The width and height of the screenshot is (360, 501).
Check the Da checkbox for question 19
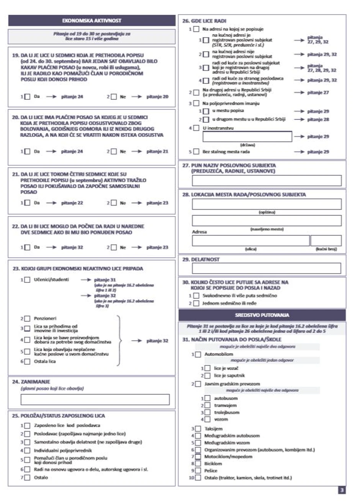pos(27,97)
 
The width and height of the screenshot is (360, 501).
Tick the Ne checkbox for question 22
pos(114,247)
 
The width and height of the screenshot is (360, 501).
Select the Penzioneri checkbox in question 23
pos(27,318)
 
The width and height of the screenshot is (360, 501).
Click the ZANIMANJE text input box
pos(95,400)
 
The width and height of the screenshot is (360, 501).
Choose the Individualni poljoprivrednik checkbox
pos(27,450)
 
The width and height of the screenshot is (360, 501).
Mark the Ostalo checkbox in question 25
pos(27,478)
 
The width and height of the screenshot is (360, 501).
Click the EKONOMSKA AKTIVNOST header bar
pos(92,20)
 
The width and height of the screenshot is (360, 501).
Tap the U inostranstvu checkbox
pos(196,128)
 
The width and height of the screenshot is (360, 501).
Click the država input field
pos(247,137)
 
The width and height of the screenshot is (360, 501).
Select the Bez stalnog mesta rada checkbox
pos(196,152)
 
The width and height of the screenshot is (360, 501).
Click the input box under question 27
pos(267,181)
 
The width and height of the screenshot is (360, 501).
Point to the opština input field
pos(267,204)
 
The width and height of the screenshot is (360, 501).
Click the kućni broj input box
pos(326,241)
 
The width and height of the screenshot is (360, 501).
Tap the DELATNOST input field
pos(267,268)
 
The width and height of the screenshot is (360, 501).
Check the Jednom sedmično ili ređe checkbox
pos(196,304)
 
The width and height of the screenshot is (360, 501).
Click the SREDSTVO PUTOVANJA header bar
pos(262,315)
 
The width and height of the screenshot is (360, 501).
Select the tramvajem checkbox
pos(207,405)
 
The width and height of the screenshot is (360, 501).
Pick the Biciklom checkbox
pos(198,463)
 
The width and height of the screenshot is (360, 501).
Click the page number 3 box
pos(342,490)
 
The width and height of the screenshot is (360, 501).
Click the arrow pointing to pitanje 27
pos(299,93)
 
